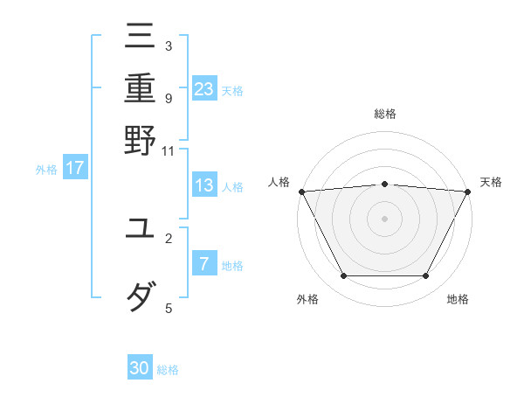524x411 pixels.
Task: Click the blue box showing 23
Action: [x=204, y=88]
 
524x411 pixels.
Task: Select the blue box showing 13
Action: [x=204, y=185]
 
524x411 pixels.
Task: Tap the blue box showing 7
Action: [x=204, y=264]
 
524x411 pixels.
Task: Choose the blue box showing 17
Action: [x=74, y=168]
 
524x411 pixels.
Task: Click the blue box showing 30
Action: [x=140, y=368]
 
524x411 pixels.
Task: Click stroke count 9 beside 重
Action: [x=168, y=97]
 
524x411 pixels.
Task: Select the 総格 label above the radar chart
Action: [x=384, y=114]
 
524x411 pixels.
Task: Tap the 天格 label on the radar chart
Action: [x=491, y=182]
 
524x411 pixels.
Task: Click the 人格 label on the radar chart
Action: [x=279, y=182]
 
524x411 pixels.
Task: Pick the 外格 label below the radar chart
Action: [x=307, y=300]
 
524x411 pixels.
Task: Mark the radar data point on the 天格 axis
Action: [x=468, y=191]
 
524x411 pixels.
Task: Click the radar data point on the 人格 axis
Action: [x=301, y=191]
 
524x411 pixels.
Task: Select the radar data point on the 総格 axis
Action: [x=384, y=184]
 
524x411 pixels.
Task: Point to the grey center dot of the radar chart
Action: [x=384, y=218]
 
